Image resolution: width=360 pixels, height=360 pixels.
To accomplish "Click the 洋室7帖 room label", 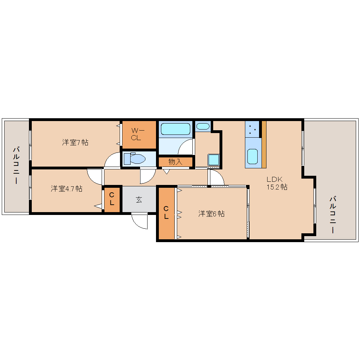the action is pos(75,142).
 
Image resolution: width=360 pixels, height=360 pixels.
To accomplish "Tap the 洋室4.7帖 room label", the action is pos(67,189).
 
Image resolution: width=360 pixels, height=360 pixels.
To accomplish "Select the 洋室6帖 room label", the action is pos(211,214).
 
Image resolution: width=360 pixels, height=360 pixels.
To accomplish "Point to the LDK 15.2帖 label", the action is pos(277,183).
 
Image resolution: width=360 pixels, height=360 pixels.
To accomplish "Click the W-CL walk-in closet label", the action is pos(138,134).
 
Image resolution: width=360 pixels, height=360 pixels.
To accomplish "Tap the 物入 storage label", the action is pos(175,162).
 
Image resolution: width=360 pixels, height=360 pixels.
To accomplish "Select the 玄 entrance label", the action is pos(139,199).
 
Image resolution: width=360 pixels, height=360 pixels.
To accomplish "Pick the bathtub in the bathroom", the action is pos(176,129).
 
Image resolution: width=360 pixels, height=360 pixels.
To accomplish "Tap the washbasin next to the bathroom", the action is pos(203,126).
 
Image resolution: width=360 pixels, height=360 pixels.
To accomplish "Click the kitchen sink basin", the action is pos(253,156).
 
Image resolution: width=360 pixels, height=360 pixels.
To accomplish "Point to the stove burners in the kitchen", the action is pos(252,129).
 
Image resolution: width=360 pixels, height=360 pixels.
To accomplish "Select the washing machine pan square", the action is pos(214,160).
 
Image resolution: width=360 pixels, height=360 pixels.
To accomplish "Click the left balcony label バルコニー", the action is pos(16,165).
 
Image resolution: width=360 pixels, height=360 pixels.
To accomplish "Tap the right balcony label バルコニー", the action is pos(333,215).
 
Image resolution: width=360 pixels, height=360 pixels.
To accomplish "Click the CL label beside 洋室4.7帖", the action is pos(112,199).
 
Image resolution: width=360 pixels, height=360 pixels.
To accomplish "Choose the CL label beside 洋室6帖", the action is pos(166,212).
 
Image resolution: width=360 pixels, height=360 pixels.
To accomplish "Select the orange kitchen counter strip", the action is pos(264,144).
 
